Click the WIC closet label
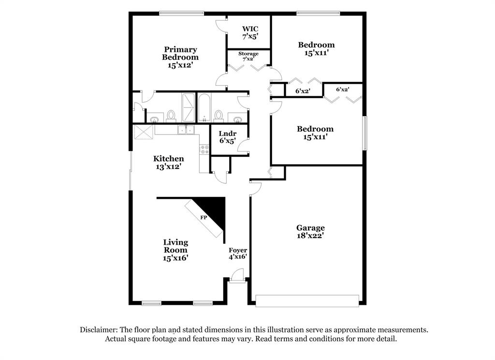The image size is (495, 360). click(250, 29)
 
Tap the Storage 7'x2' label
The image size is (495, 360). click(248, 54)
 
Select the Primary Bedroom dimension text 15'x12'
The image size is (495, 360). click(180, 65)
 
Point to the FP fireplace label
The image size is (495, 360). click(204, 218)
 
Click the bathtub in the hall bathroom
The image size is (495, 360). click(204, 107)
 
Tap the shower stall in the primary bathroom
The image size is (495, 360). click(188, 107)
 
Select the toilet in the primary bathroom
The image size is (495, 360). click(171, 115)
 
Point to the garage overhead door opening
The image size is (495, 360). click(307, 300)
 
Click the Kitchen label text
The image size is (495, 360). click(168, 158)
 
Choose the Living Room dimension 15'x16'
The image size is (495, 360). click(175, 258)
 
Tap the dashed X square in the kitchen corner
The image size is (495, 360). click(143, 132)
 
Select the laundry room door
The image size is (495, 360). click(246, 144)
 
